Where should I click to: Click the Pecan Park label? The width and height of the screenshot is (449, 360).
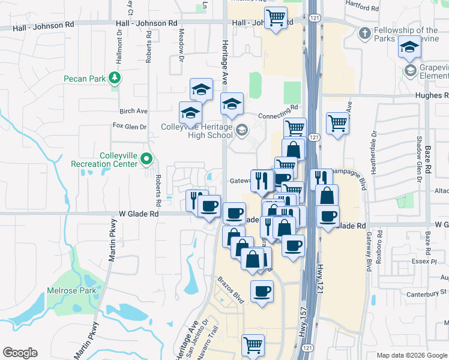84,79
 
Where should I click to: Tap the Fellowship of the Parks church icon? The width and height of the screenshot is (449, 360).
364,34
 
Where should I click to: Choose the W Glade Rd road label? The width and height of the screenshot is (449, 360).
139,213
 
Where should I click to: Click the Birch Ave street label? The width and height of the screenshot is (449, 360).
133,111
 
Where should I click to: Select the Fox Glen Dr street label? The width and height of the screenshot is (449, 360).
130,126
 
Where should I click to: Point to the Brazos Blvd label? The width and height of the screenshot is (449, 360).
230,289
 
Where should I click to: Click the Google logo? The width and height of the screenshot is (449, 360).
20,353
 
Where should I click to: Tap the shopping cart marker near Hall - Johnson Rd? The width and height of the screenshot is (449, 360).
276,17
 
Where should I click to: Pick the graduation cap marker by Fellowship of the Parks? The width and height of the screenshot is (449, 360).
409,47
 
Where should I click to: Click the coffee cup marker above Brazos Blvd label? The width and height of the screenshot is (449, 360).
261,292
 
